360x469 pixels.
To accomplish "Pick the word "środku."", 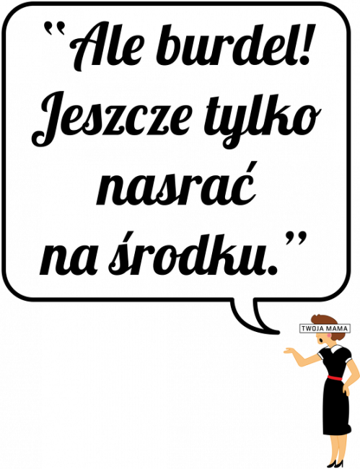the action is (x=193, y=254).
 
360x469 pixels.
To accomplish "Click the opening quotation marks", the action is (x=51, y=27).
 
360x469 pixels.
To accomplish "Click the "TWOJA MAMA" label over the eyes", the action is (x=325, y=329).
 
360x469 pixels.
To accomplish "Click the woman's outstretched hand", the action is (x=289, y=351).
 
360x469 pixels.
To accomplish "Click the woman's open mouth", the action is (x=320, y=340).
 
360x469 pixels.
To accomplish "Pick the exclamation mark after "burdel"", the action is (x=304, y=45).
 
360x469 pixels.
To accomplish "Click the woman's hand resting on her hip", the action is (x=346, y=389).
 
